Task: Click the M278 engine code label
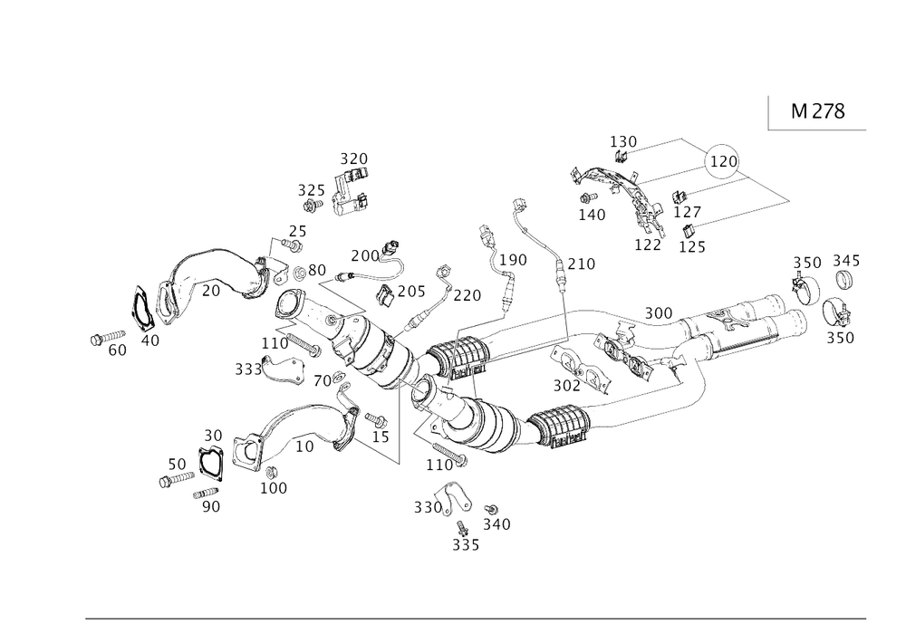click(817, 111)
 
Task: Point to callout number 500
click(658, 312)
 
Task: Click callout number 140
click(592, 214)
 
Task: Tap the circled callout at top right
click(722, 160)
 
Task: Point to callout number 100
click(274, 487)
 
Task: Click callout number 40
click(150, 341)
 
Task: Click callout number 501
click(568, 385)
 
